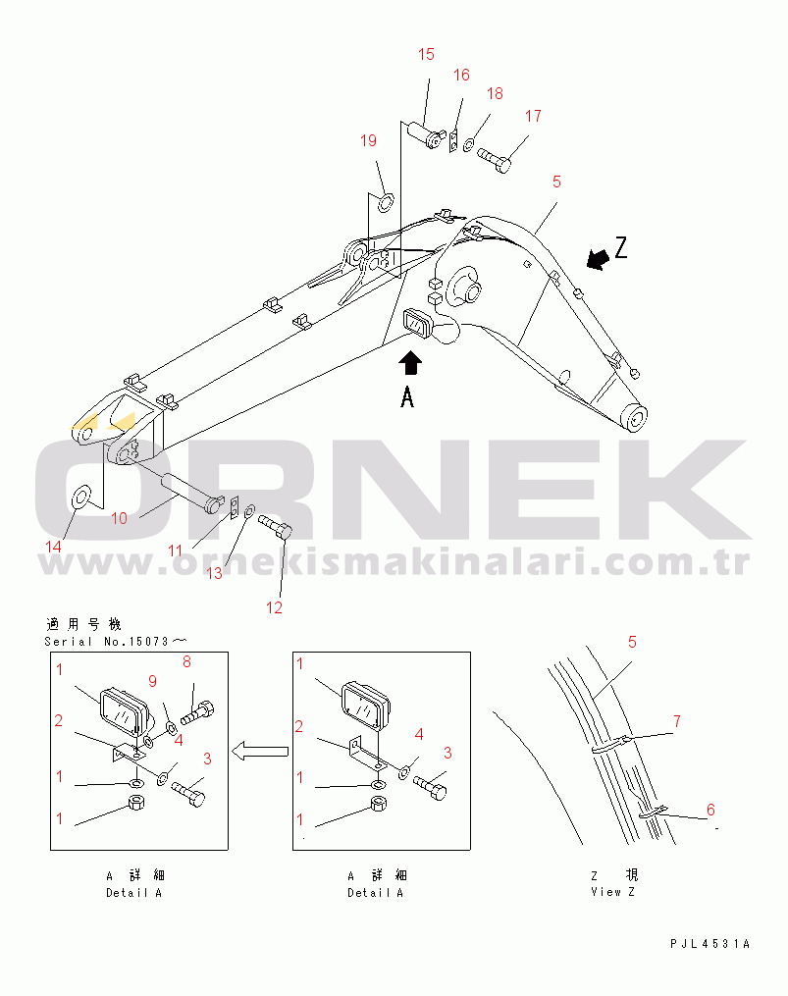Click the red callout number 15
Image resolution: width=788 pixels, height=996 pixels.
(426, 55)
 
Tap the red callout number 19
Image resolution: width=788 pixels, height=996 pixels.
(369, 140)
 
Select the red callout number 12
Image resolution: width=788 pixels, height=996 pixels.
(274, 607)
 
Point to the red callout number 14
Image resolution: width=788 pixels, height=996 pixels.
(53, 547)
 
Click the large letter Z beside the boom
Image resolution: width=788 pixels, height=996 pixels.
(621, 247)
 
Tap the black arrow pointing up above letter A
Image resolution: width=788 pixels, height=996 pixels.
(410, 363)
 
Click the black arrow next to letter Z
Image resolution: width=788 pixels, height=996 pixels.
(598, 258)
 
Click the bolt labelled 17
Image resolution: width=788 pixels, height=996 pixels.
(495, 159)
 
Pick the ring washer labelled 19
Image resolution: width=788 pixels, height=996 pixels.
(387, 203)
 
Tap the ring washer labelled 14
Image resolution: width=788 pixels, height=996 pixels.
(81, 498)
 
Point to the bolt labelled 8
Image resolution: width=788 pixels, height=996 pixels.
(197, 712)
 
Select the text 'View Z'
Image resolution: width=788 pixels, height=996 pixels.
(612, 892)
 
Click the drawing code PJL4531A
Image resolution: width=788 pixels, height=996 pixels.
(709, 944)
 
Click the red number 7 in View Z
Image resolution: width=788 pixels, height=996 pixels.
(677, 721)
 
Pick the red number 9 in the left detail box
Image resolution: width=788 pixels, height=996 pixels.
(152, 681)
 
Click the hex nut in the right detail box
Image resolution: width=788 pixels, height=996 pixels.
(378, 805)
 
